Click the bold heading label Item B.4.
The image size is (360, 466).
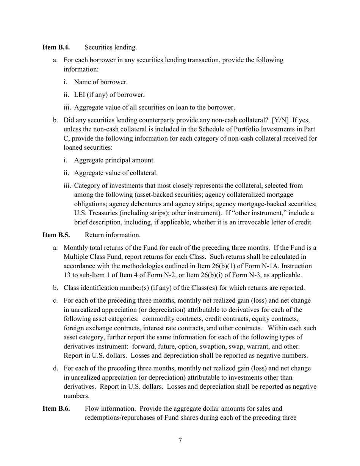(56, 47)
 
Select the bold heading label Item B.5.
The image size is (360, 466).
(56, 235)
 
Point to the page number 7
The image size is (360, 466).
(180, 440)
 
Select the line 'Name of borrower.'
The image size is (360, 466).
(101, 82)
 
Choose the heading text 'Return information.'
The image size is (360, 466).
(113, 235)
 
